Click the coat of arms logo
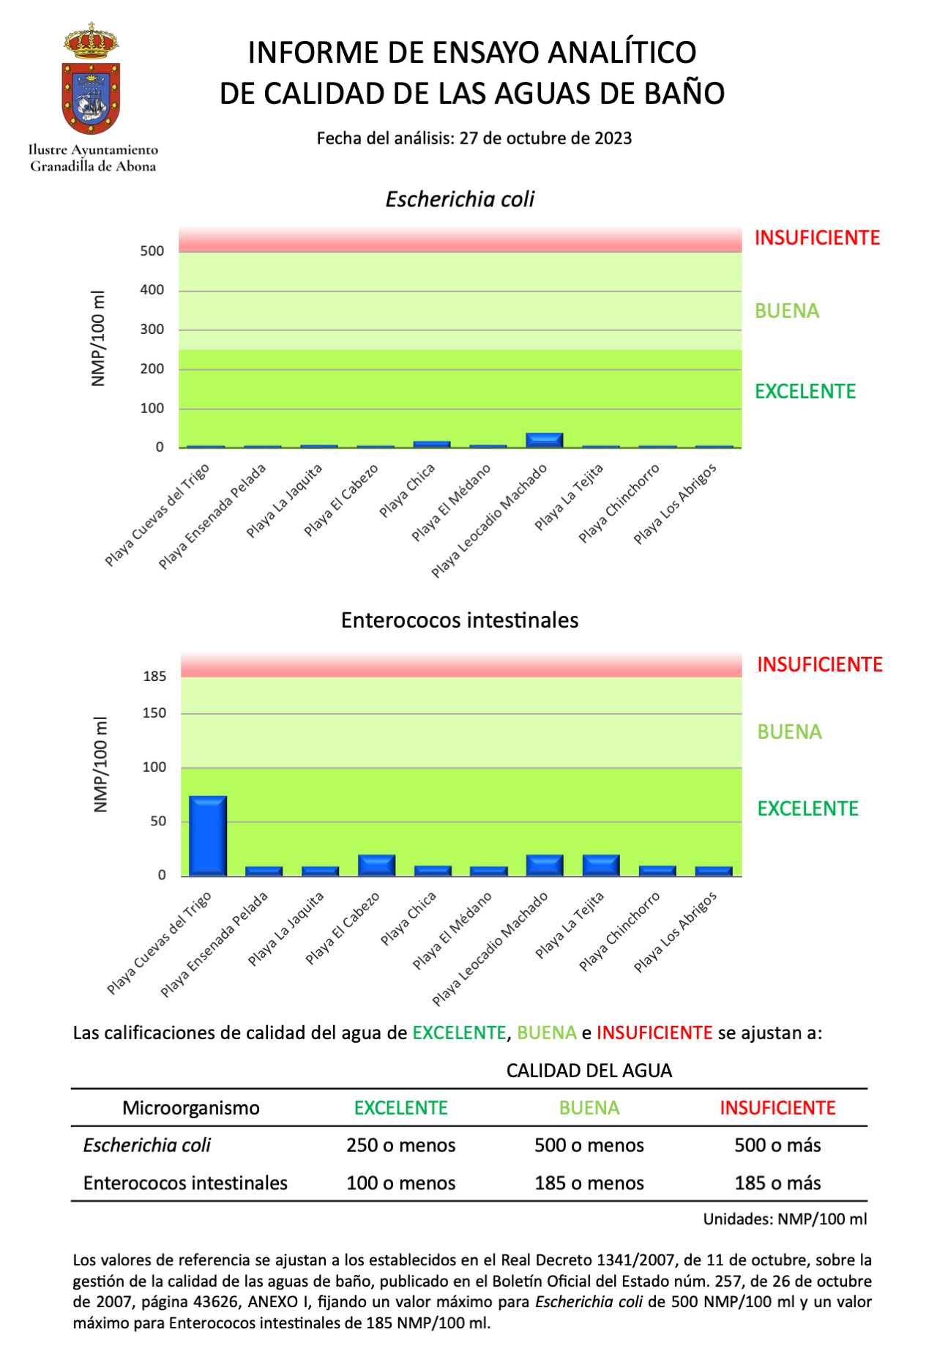(92, 81)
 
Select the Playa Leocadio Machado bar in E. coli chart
(545, 440)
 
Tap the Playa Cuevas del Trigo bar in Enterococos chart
(208, 836)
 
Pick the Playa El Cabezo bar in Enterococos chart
(376, 865)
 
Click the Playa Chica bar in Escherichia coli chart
(432, 444)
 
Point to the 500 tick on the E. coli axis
(152, 251)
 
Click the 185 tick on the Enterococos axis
(154, 677)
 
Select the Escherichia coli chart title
(460, 199)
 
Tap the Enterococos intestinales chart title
(460, 620)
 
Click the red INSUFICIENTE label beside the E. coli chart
(817, 238)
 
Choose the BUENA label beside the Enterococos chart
(789, 732)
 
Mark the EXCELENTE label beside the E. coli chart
(805, 392)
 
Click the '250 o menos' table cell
(400, 1145)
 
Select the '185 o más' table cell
(777, 1183)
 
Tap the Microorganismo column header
(191, 1108)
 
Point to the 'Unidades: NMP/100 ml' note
(785, 1219)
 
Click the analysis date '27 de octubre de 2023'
(545, 138)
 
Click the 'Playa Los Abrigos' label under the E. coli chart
(675, 504)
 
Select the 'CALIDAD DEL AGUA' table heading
(589, 1071)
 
